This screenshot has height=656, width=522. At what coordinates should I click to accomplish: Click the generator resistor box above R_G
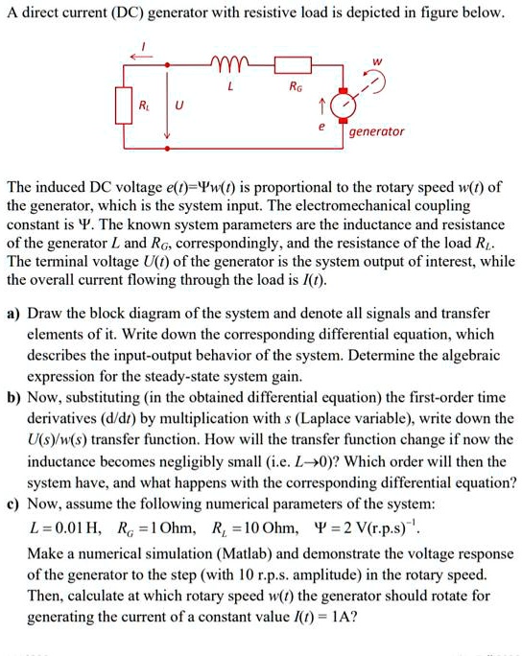290,65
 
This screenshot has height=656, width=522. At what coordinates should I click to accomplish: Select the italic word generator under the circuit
377,131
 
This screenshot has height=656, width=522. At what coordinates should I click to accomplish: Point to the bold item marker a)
14,314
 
